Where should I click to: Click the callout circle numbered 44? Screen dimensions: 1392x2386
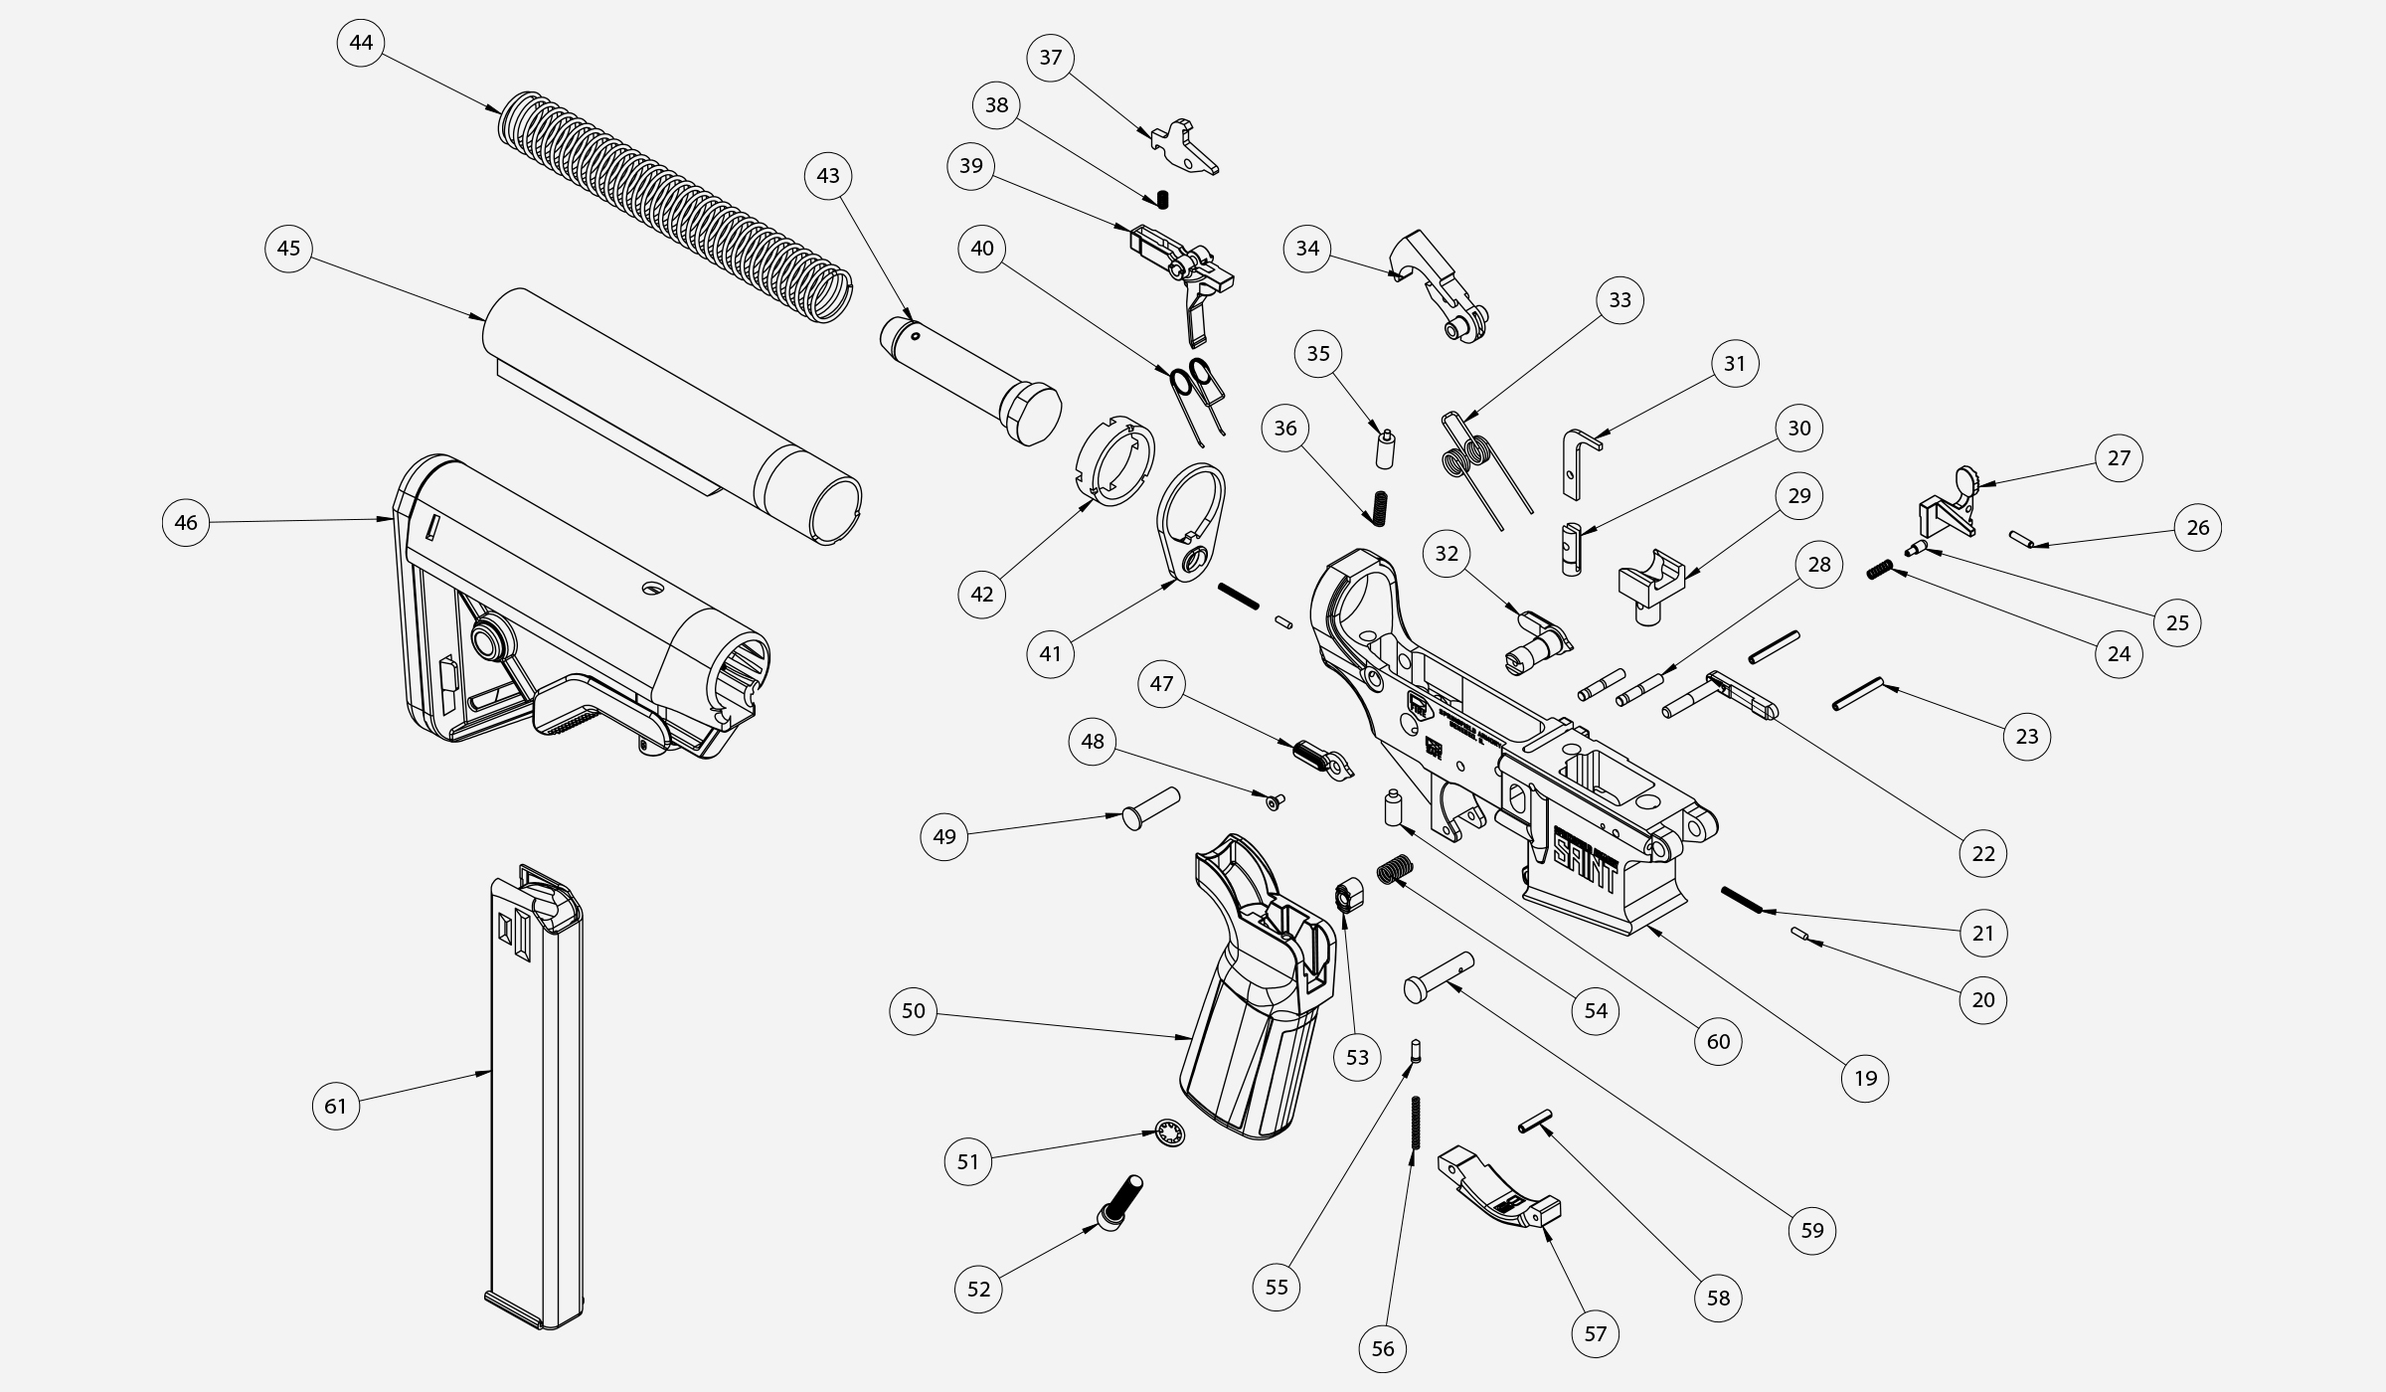coord(361,43)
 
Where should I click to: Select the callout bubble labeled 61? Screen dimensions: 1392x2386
coord(336,1106)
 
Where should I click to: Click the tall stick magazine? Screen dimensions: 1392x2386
coord(537,1104)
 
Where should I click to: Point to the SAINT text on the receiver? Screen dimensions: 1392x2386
coord(1585,851)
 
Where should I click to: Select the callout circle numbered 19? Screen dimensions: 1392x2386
coord(1865,1078)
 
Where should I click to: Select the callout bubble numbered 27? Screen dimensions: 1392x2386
coord(2119,457)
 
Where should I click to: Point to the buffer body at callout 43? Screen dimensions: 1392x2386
coord(969,378)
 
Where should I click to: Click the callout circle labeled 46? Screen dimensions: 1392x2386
coord(186,522)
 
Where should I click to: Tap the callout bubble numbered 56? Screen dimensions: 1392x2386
coord(1383,1348)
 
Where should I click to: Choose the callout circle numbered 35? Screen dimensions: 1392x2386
coord(1318,354)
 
